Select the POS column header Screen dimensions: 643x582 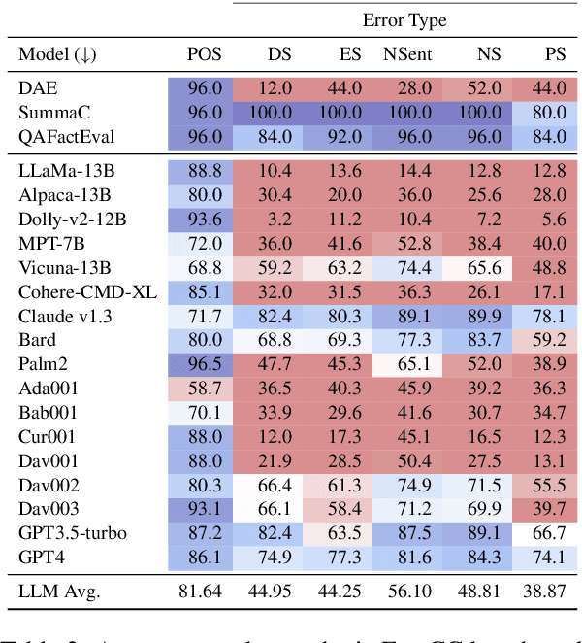[205, 54]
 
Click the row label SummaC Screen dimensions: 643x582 [52, 113]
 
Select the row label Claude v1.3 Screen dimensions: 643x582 [62, 316]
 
